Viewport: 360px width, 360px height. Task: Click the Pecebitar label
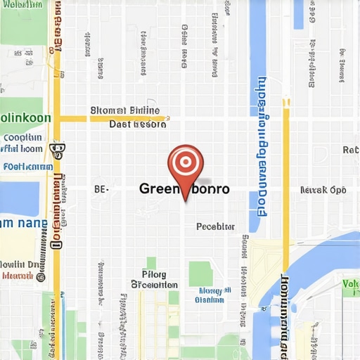214,226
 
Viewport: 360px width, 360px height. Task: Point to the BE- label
101,189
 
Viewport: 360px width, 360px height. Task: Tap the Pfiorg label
154,274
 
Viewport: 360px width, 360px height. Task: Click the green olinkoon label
25,117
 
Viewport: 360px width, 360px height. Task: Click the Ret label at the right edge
351,150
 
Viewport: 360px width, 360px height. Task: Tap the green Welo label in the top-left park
21,6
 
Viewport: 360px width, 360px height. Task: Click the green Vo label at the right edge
351,283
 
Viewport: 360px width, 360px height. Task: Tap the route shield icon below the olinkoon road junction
58,148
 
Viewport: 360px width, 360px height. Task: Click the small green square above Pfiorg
151,262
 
